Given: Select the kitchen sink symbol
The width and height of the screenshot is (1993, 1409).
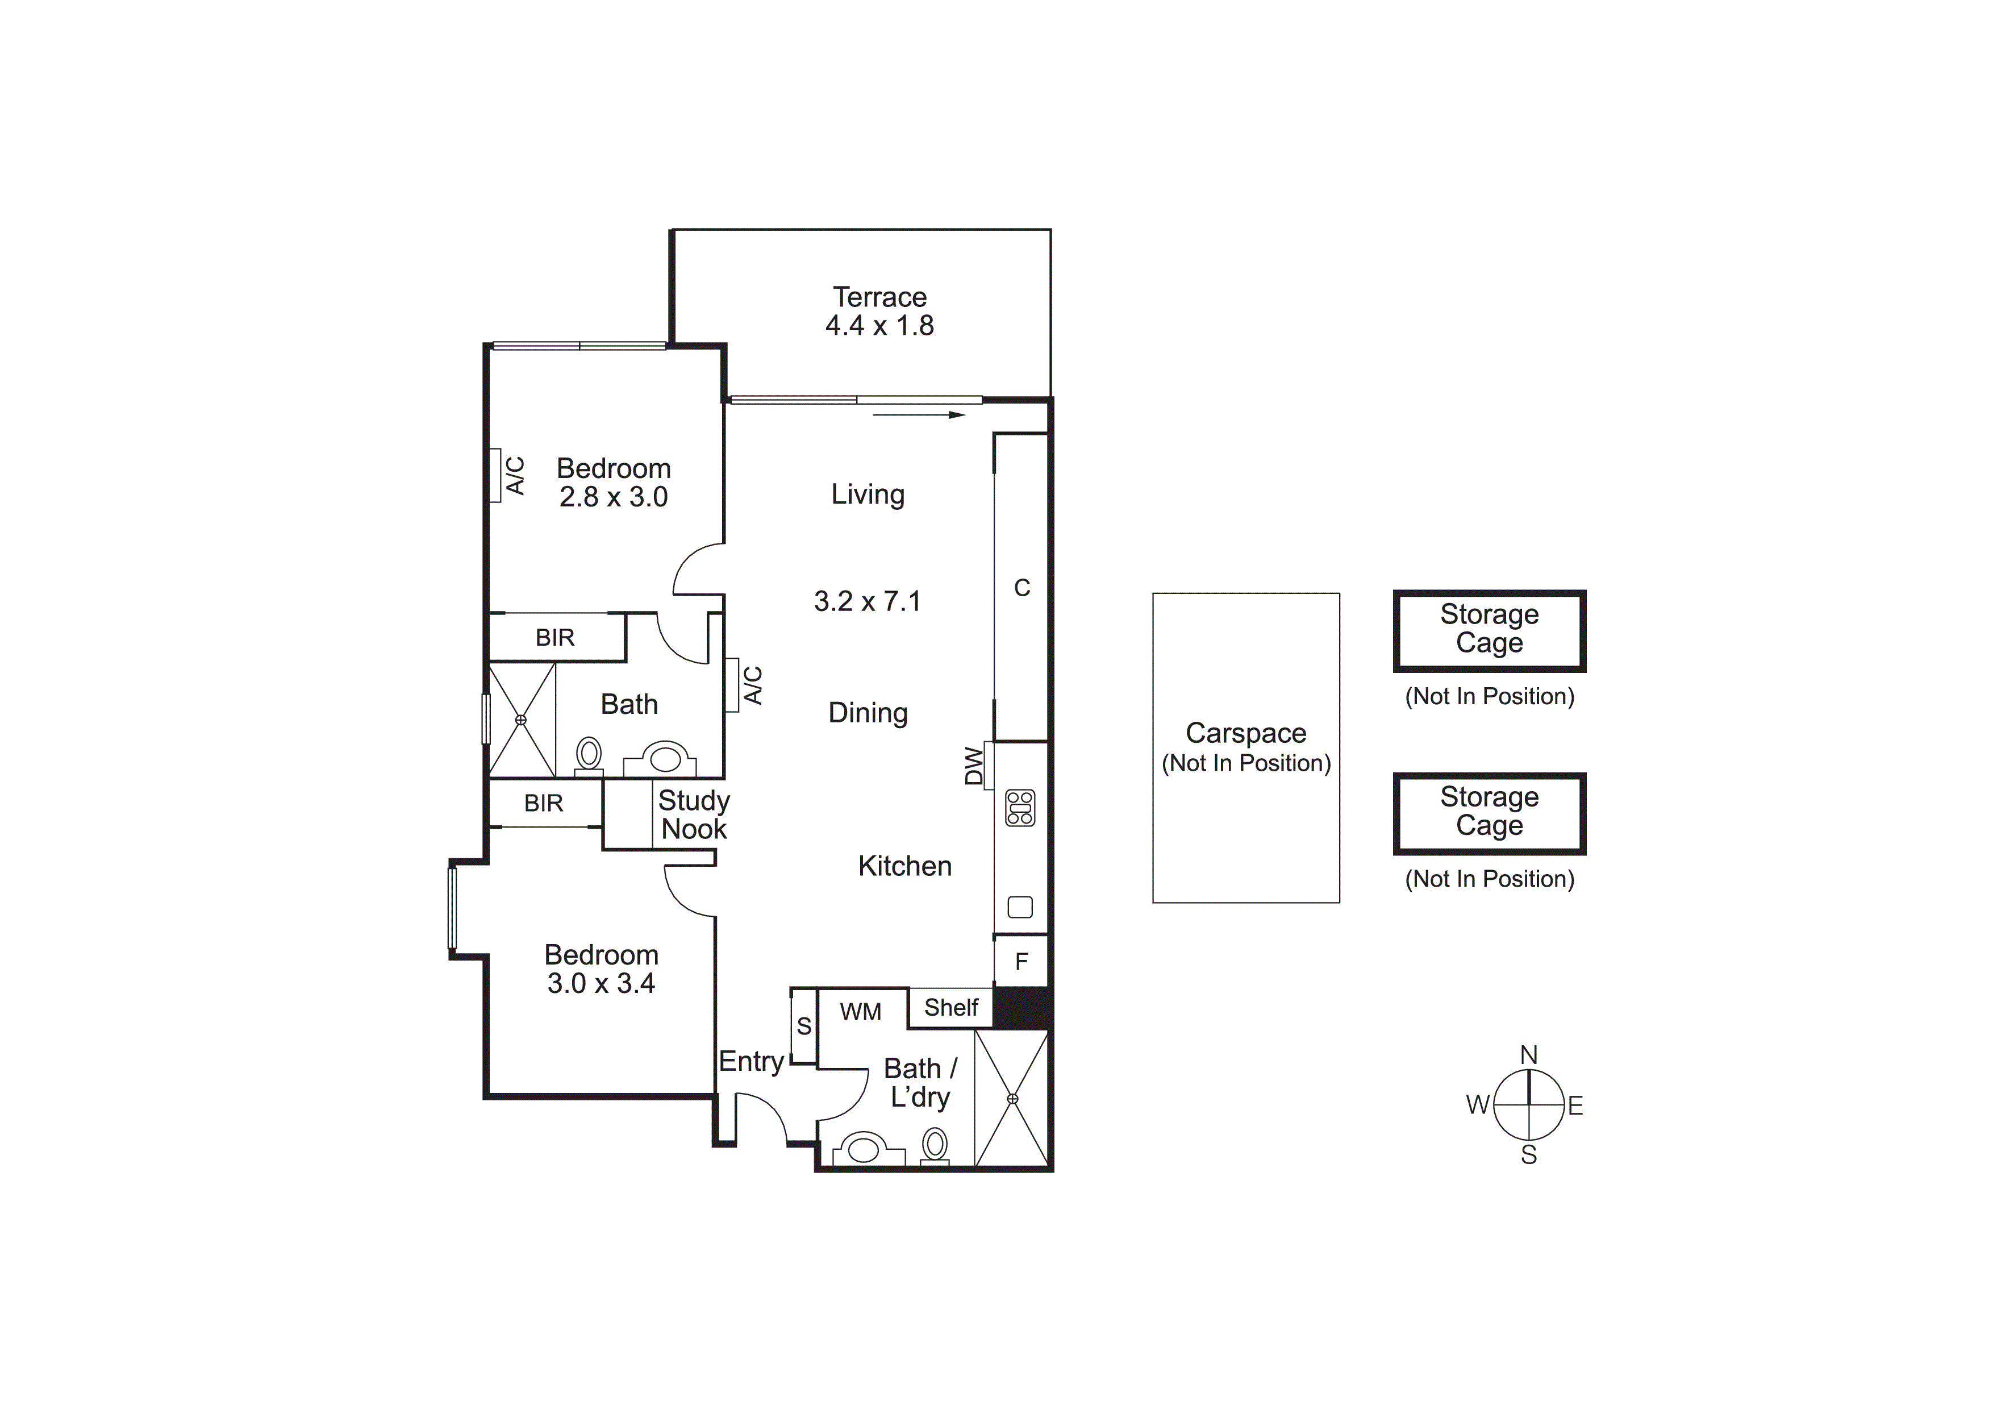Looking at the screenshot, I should pos(1020,907).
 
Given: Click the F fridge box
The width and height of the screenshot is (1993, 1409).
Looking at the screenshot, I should pos(1021,961).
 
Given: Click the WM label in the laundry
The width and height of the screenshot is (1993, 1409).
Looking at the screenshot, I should pos(860,1011).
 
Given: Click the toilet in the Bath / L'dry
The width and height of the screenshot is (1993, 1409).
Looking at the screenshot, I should pos(935,1146).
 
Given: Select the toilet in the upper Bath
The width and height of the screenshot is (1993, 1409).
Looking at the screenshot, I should pos(589,754).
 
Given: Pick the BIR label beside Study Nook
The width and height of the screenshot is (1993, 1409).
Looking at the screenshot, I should pos(543,803).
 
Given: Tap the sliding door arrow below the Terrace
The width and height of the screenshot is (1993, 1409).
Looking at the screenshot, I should pos(918,415).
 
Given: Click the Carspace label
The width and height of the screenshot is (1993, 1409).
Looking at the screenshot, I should pos(1245,734).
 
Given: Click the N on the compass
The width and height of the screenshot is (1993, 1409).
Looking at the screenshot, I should pos(1529,1055).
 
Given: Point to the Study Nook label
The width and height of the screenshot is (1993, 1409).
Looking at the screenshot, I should pos(694,814).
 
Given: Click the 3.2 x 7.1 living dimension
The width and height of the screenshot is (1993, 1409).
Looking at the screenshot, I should pos(867,601).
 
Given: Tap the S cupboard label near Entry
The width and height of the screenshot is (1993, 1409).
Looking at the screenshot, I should pos(804,1026).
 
